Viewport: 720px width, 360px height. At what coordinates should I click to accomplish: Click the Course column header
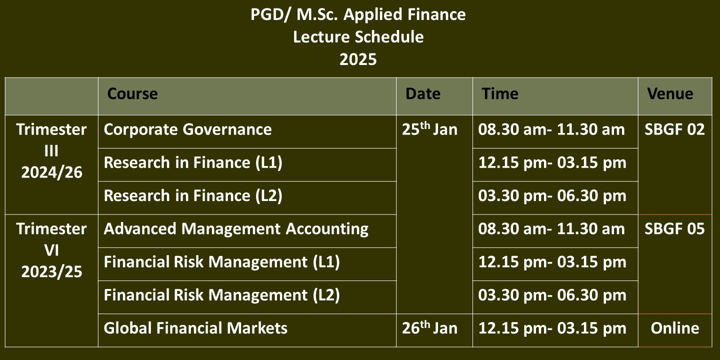pyautogui.click(x=132, y=94)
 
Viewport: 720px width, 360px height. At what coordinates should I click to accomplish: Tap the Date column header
pyautogui.click(x=422, y=94)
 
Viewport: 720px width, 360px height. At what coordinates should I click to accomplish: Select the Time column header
pyautogui.click(x=500, y=94)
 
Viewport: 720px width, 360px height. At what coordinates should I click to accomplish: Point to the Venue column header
pyautogui.click(x=670, y=94)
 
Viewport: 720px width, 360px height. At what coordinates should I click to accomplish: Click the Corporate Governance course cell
pyautogui.click(x=187, y=129)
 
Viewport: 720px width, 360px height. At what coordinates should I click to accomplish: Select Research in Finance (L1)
pyautogui.click(x=193, y=162)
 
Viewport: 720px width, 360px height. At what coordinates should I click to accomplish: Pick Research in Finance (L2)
pyautogui.click(x=193, y=196)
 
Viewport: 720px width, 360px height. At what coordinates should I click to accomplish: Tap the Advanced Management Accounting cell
pyautogui.click(x=236, y=229)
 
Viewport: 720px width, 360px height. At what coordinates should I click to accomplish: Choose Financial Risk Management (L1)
pyautogui.click(x=222, y=262)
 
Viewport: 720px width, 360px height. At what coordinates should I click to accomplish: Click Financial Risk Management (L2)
pyautogui.click(x=222, y=295)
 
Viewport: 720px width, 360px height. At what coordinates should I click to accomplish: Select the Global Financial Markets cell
pyautogui.click(x=195, y=328)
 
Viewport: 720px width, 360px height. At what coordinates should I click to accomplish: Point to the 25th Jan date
pyautogui.click(x=429, y=128)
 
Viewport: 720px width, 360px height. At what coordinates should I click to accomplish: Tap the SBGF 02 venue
pyautogui.click(x=674, y=129)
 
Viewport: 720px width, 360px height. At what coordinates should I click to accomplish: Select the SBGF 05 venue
pyautogui.click(x=674, y=229)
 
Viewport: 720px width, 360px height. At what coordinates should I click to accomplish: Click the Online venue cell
pyautogui.click(x=675, y=328)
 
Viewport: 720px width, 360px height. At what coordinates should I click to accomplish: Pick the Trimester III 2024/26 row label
pyautogui.click(x=51, y=151)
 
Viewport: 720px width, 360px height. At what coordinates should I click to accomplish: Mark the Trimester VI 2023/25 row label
pyautogui.click(x=51, y=250)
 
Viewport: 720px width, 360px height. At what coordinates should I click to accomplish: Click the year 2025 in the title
pyautogui.click(x=358, y=59)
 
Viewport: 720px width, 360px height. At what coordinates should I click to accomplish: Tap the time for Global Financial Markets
pyautogui.click(x=552, y=328)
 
